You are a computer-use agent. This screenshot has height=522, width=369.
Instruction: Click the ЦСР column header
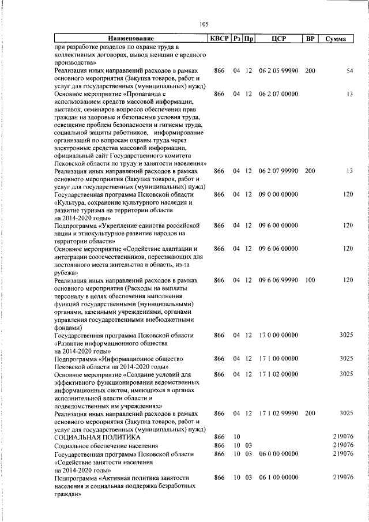pos(278,39)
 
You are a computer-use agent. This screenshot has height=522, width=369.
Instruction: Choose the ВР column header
pos(310,39)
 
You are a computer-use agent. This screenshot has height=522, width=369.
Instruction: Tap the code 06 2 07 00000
pos(278,93)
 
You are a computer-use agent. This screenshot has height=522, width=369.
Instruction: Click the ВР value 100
pos(310,280)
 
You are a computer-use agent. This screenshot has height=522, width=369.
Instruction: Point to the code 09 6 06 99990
pos(278,280)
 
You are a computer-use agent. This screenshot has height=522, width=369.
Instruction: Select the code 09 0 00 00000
pos(278,194)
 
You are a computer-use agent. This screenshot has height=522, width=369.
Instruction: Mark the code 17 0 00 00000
pos(278,335)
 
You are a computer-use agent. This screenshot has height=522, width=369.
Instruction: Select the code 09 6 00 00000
pos(278,225)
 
